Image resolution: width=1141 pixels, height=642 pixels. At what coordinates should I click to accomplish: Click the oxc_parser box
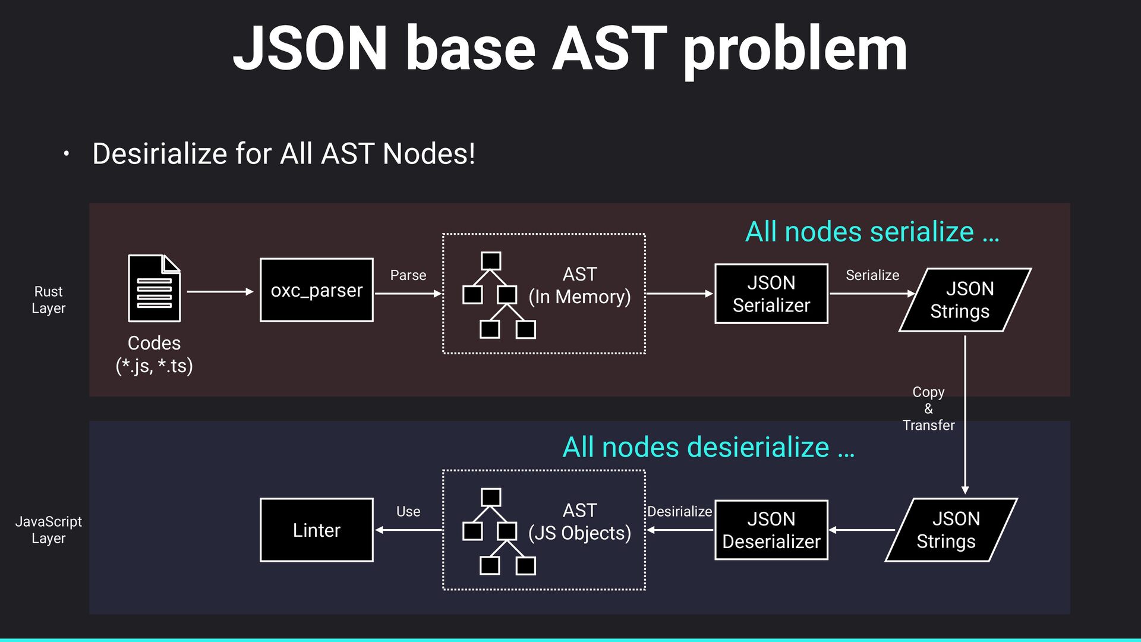point(316,290)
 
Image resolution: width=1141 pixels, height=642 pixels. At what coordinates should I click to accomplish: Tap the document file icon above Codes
point(154,288)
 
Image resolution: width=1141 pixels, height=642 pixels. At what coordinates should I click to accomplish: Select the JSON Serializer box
point(771,294)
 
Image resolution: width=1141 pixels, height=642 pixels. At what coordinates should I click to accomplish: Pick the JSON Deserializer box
point(771,530)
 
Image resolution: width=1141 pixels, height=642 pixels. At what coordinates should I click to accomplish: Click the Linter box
point(316,530)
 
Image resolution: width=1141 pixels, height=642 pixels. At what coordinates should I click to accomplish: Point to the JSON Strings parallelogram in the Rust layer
point(965,300)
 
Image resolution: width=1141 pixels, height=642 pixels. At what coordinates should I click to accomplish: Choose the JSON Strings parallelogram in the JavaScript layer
point(951,530)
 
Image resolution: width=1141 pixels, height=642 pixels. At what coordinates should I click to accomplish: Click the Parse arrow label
point(408,275)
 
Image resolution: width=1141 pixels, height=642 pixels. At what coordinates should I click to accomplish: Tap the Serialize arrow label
point(872,275)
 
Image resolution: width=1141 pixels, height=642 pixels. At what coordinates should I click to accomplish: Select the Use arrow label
point(408,511)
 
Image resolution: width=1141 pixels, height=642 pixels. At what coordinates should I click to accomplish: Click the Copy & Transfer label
point(928,408)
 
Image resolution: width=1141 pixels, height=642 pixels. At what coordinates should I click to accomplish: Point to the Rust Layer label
point(48,300)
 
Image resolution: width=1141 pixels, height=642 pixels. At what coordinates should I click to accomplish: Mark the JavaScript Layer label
point(48,530)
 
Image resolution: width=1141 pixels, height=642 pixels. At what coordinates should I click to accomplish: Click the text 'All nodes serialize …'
point(872,232)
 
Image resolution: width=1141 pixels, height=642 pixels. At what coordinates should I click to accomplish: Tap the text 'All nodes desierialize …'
point(708,447)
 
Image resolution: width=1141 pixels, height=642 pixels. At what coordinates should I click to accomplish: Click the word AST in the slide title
point(610,49)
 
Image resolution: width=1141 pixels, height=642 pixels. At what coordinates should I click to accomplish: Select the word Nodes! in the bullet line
point(428,153)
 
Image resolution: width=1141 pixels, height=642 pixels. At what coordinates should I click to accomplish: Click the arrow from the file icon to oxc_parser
point(220,291)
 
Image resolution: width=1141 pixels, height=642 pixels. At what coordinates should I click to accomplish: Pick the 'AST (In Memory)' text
point(579,285)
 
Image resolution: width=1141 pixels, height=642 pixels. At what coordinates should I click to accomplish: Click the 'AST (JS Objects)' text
point(579,522)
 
